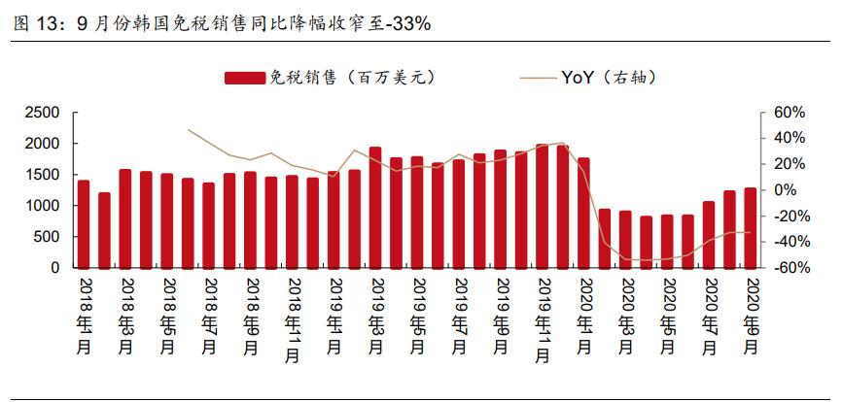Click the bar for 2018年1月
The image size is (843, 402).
pos(84,224)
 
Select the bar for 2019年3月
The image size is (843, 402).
pos(375,208)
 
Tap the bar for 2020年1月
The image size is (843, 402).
pos(583,213)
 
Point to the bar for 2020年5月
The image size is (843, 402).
pos(667,242)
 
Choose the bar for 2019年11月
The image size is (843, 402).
pos(542,206)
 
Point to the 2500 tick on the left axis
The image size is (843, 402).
pos(44,113)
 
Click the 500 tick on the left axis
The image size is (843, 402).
pos(48,237)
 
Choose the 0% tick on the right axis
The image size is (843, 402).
pos(786,190)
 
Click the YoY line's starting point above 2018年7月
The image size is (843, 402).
pos(189,129)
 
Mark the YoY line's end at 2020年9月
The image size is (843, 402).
pos(751,232)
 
